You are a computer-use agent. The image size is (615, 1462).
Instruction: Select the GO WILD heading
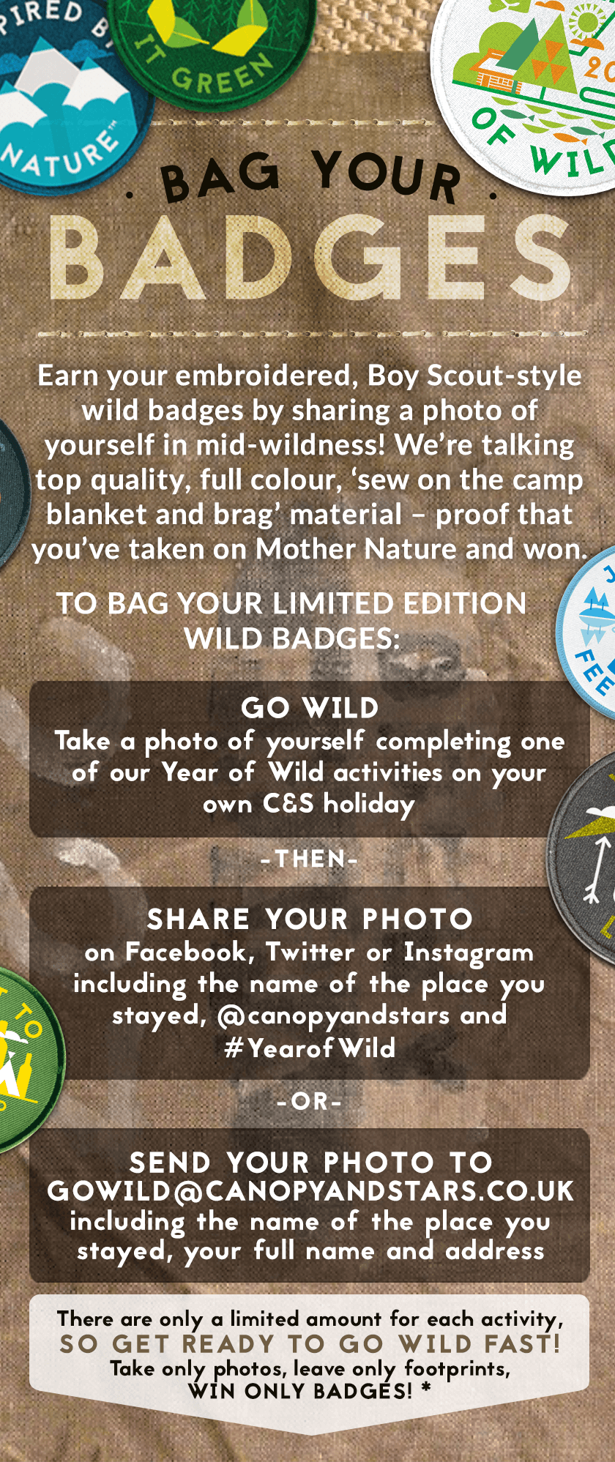click(x=310, y=708)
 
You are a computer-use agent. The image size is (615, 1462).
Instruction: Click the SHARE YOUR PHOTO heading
click(x=310, y=919)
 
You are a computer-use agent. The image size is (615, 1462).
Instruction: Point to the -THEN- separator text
click(x=310, y=859)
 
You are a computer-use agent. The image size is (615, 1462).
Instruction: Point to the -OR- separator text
click(x=310, y=1101)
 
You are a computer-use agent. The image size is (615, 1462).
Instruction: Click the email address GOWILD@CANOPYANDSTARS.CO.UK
click(x=310, y=1191)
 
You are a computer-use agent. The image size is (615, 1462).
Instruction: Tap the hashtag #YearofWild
click(x=310, y=1048)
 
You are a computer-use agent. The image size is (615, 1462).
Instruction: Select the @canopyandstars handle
click(x=334, y=1016)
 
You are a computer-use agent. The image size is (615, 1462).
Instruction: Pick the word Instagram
click(x=469, y=952)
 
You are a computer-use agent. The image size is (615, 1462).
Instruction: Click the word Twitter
click(x=310, y=952)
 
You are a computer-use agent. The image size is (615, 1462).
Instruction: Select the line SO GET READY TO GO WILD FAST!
click(x=310, y=1344)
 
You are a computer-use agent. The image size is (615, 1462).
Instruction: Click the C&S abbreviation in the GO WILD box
click(x=288, y=804)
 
